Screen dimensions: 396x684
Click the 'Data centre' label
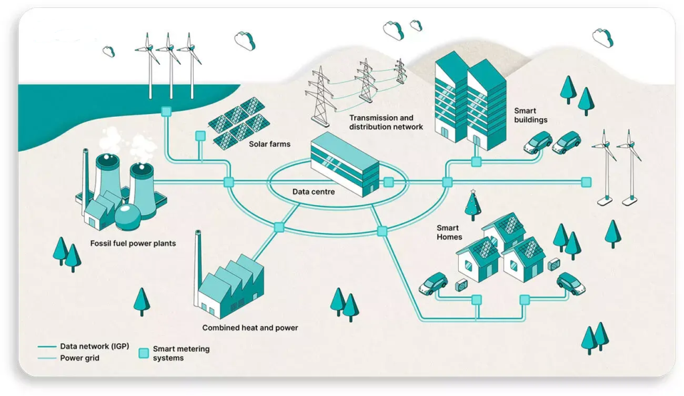pos(313,192)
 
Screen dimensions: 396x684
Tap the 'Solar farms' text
pos(269,144)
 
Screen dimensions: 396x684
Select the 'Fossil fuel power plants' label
pos(133,243)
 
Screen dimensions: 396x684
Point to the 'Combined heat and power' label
pos(250,328)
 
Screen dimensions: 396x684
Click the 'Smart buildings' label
pos(530,116)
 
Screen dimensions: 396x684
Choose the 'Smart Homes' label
pos(449,232)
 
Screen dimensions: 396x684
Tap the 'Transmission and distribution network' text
pos(386,122)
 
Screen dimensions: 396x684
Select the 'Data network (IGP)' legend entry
pos(94,347)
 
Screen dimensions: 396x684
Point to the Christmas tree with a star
pos(473,204)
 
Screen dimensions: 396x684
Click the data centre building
pos(345,164)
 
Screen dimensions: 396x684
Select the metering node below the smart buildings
pos(476,162)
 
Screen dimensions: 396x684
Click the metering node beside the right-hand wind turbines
pos(586,182)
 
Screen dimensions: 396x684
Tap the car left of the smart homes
pos(433,282)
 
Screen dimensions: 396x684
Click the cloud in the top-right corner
pos(603,37)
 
